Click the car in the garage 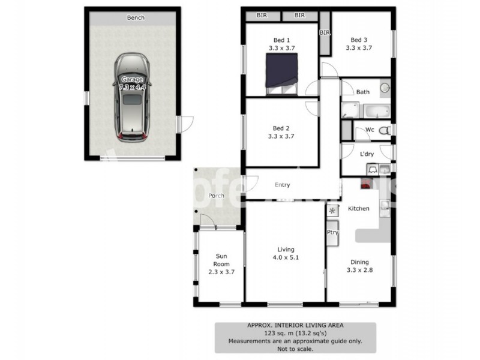tap(134, 96)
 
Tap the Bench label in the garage tap(135, 17)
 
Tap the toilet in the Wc tap(385, 130)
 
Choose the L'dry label tap(367, 154)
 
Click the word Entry tap(282, 185)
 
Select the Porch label tap(216, 196)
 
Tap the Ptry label tap(332, 232)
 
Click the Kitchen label tap(359, 208)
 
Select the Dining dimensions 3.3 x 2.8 tap(360, 271)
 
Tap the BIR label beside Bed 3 tap(325, 32)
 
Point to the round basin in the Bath tap(385, 88)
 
